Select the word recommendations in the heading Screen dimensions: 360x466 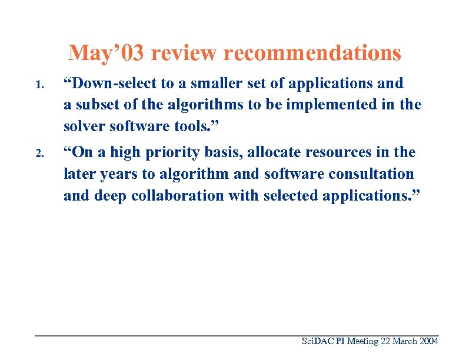pyautogui.click(x=312, y=54)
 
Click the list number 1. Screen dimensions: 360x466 pyautogui.click(x=38, y=85)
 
